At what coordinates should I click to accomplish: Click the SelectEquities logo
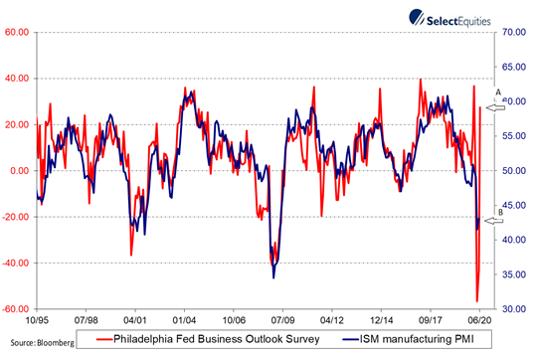pos(458,17)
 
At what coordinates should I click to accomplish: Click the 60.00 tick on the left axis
pos(16,32)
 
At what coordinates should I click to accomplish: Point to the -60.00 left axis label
pos(15,309)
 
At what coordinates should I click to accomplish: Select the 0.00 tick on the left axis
pos(19,170)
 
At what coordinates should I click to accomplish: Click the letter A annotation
pos(498,92)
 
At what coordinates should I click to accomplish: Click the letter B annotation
pos(499,211)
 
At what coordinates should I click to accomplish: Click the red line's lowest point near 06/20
pos(477,300)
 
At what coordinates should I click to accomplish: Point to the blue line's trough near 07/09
pos(273,276)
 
